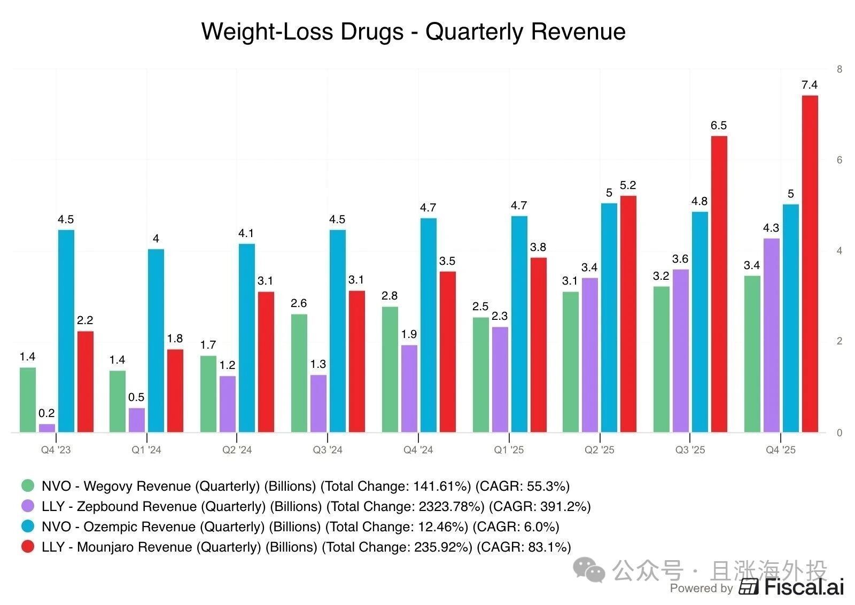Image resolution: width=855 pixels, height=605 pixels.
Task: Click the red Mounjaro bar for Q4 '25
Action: [810, 264]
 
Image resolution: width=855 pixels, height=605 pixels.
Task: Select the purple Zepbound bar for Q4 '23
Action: [47, 428]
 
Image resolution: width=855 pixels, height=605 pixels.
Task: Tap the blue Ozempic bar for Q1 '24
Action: [156, 340]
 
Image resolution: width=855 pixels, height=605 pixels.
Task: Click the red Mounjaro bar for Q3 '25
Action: [719, 284]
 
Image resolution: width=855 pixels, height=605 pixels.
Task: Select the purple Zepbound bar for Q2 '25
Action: [589, 355]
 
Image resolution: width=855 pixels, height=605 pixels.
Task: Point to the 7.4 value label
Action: [810, 85]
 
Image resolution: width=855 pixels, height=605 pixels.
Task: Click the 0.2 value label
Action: [46, 413]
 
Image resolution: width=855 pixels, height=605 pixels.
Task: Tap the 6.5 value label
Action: [719, 125]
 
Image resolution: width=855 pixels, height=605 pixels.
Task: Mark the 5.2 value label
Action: [628, 185]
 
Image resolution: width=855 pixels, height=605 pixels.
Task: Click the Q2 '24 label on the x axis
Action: [237, 450]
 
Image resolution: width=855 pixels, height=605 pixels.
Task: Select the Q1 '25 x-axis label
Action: [509, 450]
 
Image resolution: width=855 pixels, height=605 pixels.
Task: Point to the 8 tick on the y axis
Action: [840, 69]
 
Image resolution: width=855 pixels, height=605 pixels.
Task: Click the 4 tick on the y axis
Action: [840, 251]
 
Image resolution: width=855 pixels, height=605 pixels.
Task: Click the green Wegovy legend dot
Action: [28, 486]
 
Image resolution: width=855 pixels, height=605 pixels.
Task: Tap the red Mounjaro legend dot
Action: [28, 547]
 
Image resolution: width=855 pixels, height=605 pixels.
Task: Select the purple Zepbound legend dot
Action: [28, 506]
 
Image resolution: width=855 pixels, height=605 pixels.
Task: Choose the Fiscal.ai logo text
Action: [804, 587]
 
